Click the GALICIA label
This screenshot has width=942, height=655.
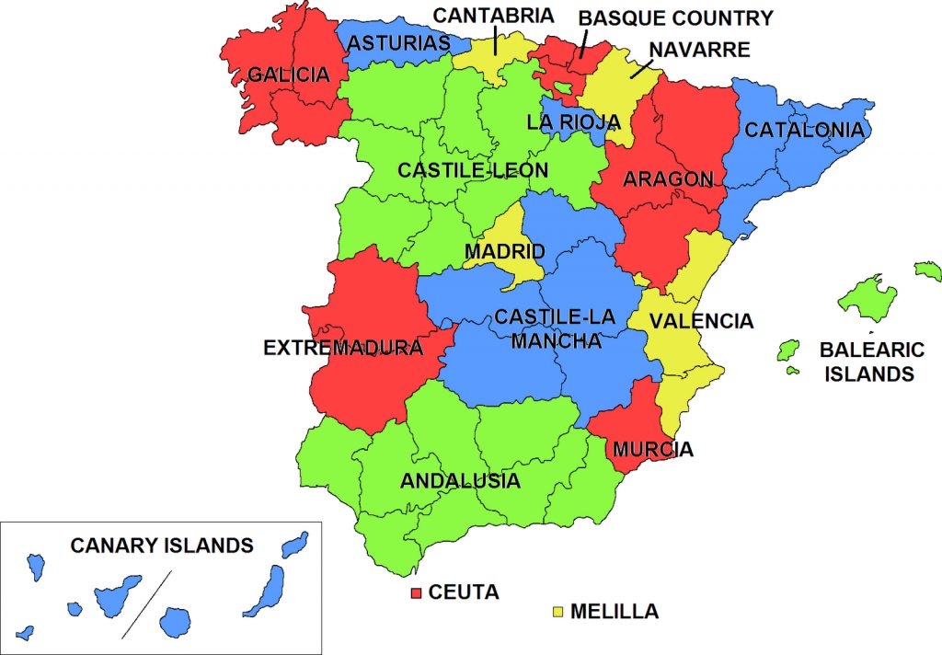pyautogui.click(x=288, y=75)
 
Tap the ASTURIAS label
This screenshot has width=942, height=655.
pyautogui.click(x=399, y=43)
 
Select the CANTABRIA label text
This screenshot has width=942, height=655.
pyautogui.click(x=493, y=16)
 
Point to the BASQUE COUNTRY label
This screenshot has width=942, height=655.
pyautogui.click(x=675, y=17)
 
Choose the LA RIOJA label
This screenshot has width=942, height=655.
pyautogui.click(x=573, y=122)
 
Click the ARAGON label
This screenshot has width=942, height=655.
pyautogui.click(x=668, y=179)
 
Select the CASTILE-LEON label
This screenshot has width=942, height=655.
pyautogui.click(x=472, y=170)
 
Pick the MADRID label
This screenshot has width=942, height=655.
pyautogui.click(x=504, y=251)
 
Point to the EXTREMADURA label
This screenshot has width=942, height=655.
pyautogui.click(x=343, y=349)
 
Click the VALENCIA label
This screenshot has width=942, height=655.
pyautogui.click(x=701, y=321)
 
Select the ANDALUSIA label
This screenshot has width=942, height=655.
pyautogui.click(x=460, y=480)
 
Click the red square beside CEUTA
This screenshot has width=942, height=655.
pyautogui.click(x=416, y=592)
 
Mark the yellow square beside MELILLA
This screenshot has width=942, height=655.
pyautogui.click(x=557, y=611)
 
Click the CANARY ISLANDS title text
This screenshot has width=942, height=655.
pyautogui.click(x=162, y=546)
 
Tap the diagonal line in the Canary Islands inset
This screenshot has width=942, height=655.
pyautogui.click(x=147, y=602)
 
